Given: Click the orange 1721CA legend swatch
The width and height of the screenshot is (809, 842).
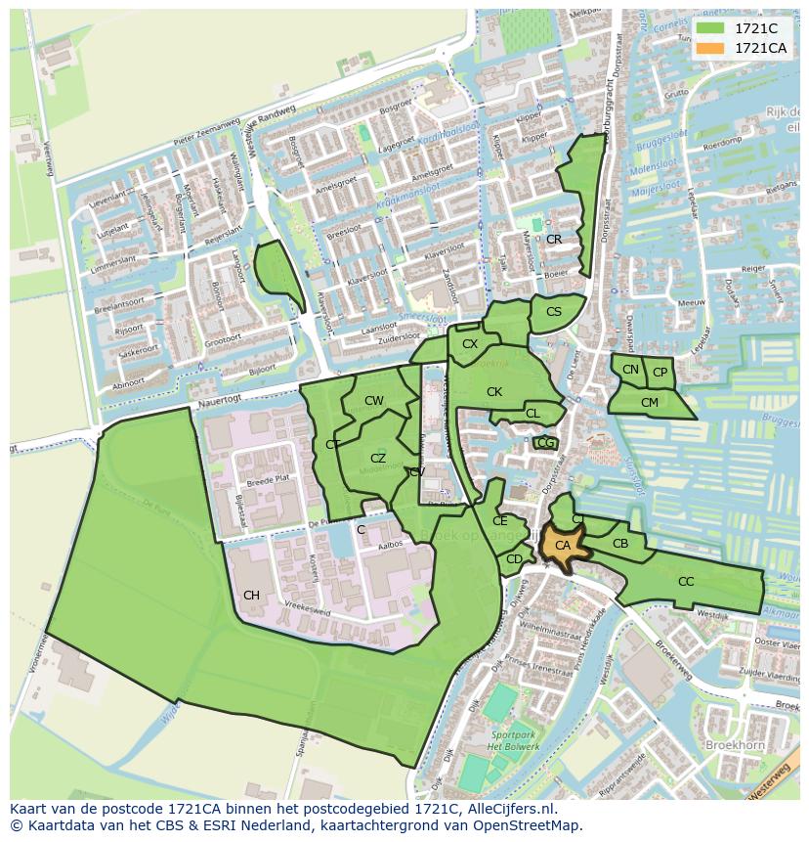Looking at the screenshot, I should (710, 48).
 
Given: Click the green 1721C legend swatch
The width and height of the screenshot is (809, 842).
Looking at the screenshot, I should (710, 28).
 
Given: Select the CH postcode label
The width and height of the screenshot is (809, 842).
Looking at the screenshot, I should (251, 595).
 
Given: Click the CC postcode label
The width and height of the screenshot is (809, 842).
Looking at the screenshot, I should (686, 581).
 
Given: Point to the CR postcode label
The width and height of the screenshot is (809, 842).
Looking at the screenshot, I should (554, 239).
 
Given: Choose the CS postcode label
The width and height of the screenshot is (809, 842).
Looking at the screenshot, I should (554, 312).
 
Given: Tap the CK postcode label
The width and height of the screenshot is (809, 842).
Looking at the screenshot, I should (494, 392).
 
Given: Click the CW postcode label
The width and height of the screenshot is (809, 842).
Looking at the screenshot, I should (374, 400).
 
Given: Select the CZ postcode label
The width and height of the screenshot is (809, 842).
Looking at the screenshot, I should (378, 458).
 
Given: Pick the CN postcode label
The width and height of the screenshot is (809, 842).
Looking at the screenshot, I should (630, 370).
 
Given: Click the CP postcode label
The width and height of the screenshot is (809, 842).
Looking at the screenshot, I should (660, 373).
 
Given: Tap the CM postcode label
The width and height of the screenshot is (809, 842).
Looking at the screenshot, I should (650, 402).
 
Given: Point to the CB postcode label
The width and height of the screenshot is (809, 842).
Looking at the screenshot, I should (620, 544).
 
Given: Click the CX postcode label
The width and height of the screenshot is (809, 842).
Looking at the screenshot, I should (470, 343).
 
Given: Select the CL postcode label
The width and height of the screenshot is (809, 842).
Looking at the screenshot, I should (532, 414).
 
